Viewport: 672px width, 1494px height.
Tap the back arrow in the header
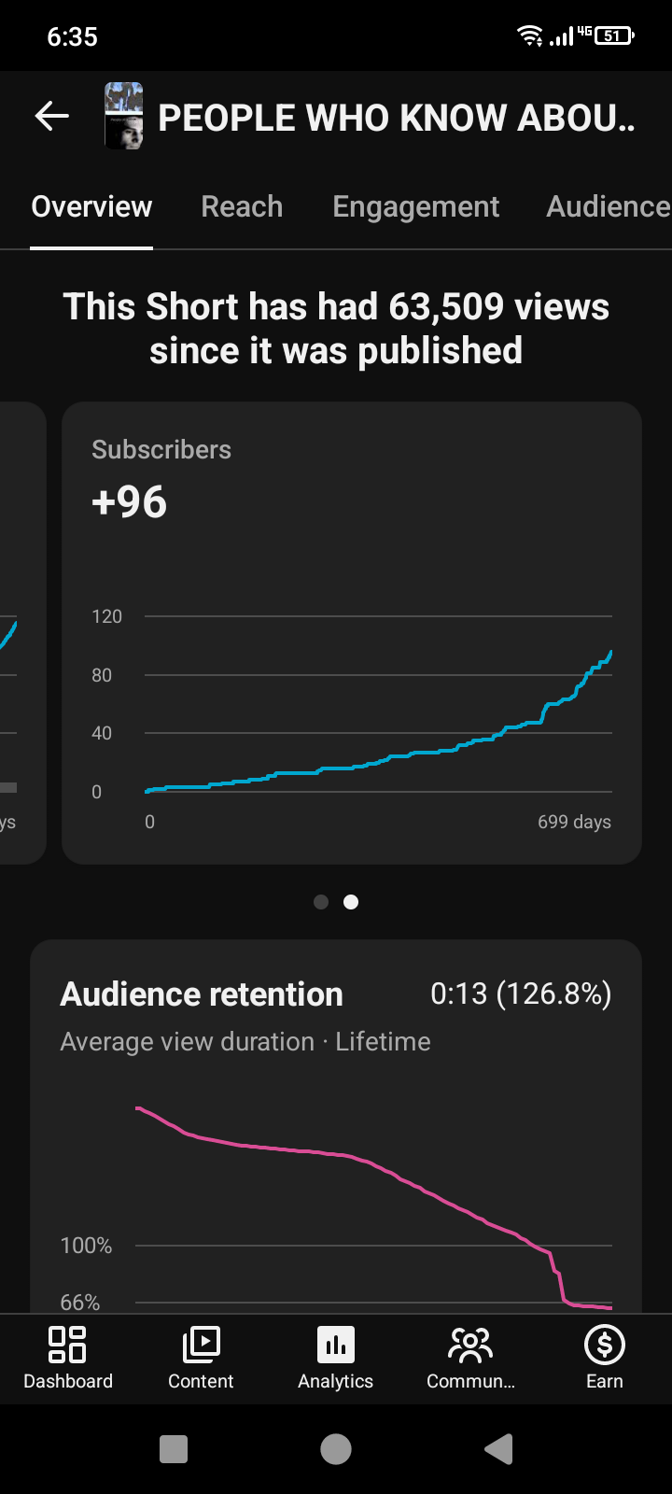[x=52, y=116]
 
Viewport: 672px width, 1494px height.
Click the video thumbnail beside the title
[x=124, y=116]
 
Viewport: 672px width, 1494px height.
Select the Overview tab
[x=92, y=206]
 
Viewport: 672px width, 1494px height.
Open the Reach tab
[x=242, y=206]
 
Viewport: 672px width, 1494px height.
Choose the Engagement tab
[x=416, y=207]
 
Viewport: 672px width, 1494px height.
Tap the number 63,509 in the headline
[x=446, y=307]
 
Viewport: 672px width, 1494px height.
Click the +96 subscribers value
[x=130, y=501]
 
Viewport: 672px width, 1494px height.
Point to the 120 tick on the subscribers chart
[x=106, y=616]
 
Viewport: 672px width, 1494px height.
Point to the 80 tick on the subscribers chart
[x=102, y=675]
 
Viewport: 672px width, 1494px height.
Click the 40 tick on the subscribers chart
[x=102, y=733]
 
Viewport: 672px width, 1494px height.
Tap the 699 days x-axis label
[x=575, y=822]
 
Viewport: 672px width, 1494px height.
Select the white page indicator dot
[x=351, y=902]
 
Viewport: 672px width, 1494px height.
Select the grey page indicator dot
[x=321, y=902]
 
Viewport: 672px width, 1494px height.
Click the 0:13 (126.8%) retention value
[x=521, y=994]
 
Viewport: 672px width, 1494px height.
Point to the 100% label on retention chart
[x=86, y=1246]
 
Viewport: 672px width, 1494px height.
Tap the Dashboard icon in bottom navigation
[x=67, y=1344]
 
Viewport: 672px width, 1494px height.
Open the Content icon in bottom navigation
[x=201, y=1344]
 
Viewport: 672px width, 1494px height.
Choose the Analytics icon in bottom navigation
[x=336, y=1344]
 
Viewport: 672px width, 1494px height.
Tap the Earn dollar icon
[x=605, y=1344]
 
